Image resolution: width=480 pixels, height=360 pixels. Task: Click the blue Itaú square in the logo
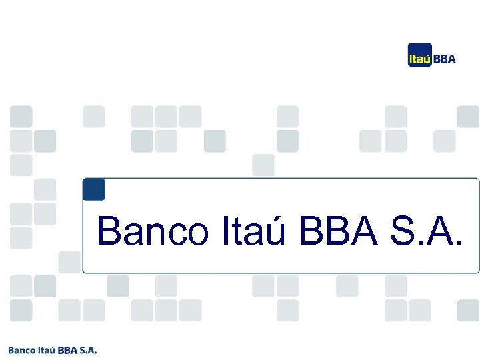pyautogui.click(x=420, y=57)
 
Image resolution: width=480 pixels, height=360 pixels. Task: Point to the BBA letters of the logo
pyautogui.click(x=445, y=59)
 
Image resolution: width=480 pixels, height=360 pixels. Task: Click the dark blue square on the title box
pyautogui.click(x=94, y=189)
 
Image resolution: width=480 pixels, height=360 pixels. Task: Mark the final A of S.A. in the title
pyautogui.click(x=447, y=231)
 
